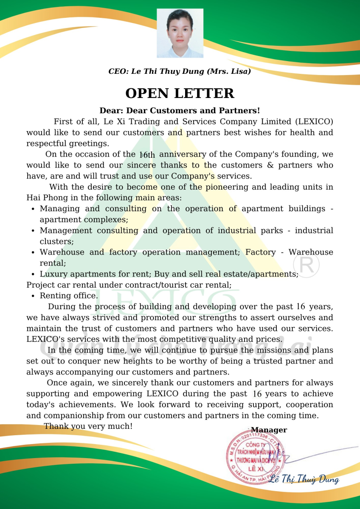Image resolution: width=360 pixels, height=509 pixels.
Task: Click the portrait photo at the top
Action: click(180, 33)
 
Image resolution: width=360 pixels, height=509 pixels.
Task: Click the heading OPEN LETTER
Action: click(180, 93)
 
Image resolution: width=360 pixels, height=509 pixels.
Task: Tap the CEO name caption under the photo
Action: click(180, 71)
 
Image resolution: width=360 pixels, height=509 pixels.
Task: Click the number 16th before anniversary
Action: click(147, 155)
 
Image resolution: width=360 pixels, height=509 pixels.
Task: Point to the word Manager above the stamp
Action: click(269, 430)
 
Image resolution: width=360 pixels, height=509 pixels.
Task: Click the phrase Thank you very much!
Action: click(88, 426)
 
